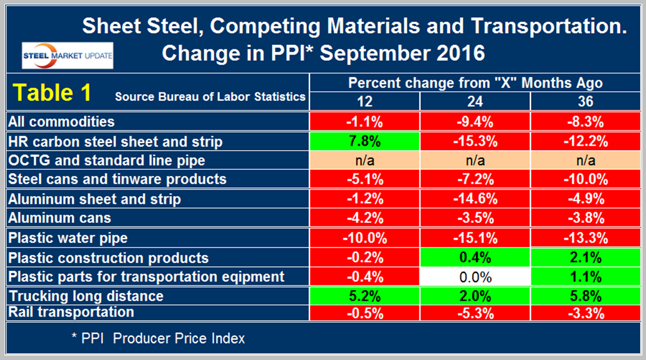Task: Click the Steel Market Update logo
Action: [67, 55]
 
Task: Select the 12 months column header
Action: [364, 101]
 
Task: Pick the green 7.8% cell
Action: [364, 141]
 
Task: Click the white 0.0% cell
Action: [474, 277]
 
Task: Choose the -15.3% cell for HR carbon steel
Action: [474, 141]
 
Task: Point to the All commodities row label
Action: [61, 122]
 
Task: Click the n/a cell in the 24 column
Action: [474, 160]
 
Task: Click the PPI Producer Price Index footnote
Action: [158, 338]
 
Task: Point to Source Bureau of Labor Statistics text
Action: [210, 97]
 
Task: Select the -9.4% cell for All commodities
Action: [474, 122]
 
